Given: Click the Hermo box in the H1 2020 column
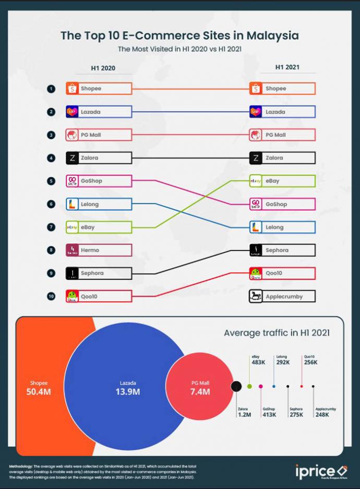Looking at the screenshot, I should tap(99, 250).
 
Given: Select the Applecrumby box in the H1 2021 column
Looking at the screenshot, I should tap(282, 296).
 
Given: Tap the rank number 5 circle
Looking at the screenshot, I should tap(51, 181).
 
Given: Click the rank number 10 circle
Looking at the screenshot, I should tap(51, 296).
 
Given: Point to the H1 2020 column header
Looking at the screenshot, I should tap(103, 68).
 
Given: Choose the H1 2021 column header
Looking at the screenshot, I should tap(287, 68).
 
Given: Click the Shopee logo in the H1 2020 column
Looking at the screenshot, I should tap(72, 89).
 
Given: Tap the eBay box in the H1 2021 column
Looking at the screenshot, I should tap(282, 181).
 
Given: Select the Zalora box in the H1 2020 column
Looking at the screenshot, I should tap(99, 158).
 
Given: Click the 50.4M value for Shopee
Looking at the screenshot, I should tap(38, 392).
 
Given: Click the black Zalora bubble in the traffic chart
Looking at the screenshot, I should tap(236, 386).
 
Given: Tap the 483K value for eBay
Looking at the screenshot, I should tap(259, 362).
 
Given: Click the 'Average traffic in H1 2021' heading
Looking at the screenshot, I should tap(277, 332).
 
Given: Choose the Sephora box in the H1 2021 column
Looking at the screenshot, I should tap(282, 250).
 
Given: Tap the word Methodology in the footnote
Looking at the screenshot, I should tap(21, 466).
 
